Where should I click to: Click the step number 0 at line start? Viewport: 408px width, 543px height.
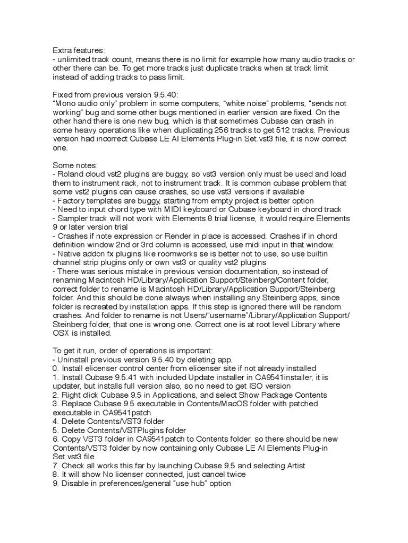coord(55,369)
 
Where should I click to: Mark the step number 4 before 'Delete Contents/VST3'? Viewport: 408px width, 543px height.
coord(55,422)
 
